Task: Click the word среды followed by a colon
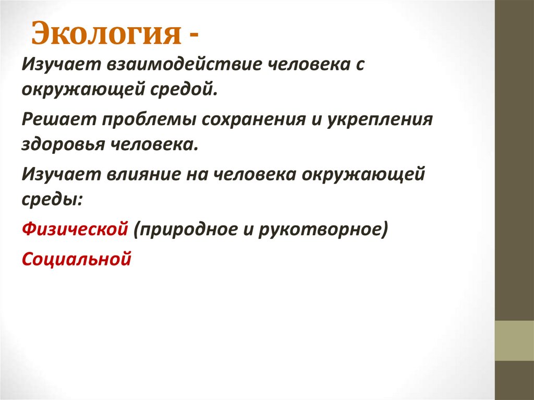pos(51,198)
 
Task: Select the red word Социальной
pos(76,258)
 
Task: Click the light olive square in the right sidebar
pos(514,341)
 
